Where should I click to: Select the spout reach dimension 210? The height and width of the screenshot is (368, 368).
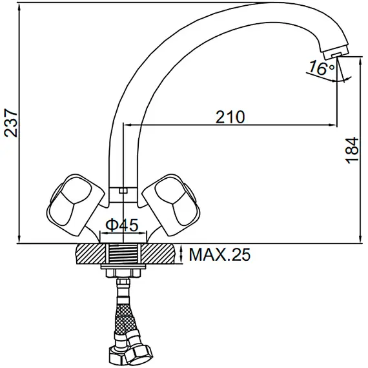[230, 117]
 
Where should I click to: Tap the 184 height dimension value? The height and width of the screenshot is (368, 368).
[352, 150]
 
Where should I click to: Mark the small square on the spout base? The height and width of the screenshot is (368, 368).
[123, 190]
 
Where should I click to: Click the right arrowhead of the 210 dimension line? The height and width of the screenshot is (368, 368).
[334, 125]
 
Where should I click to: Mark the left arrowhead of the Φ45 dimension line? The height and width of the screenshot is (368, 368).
[104, 234]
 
